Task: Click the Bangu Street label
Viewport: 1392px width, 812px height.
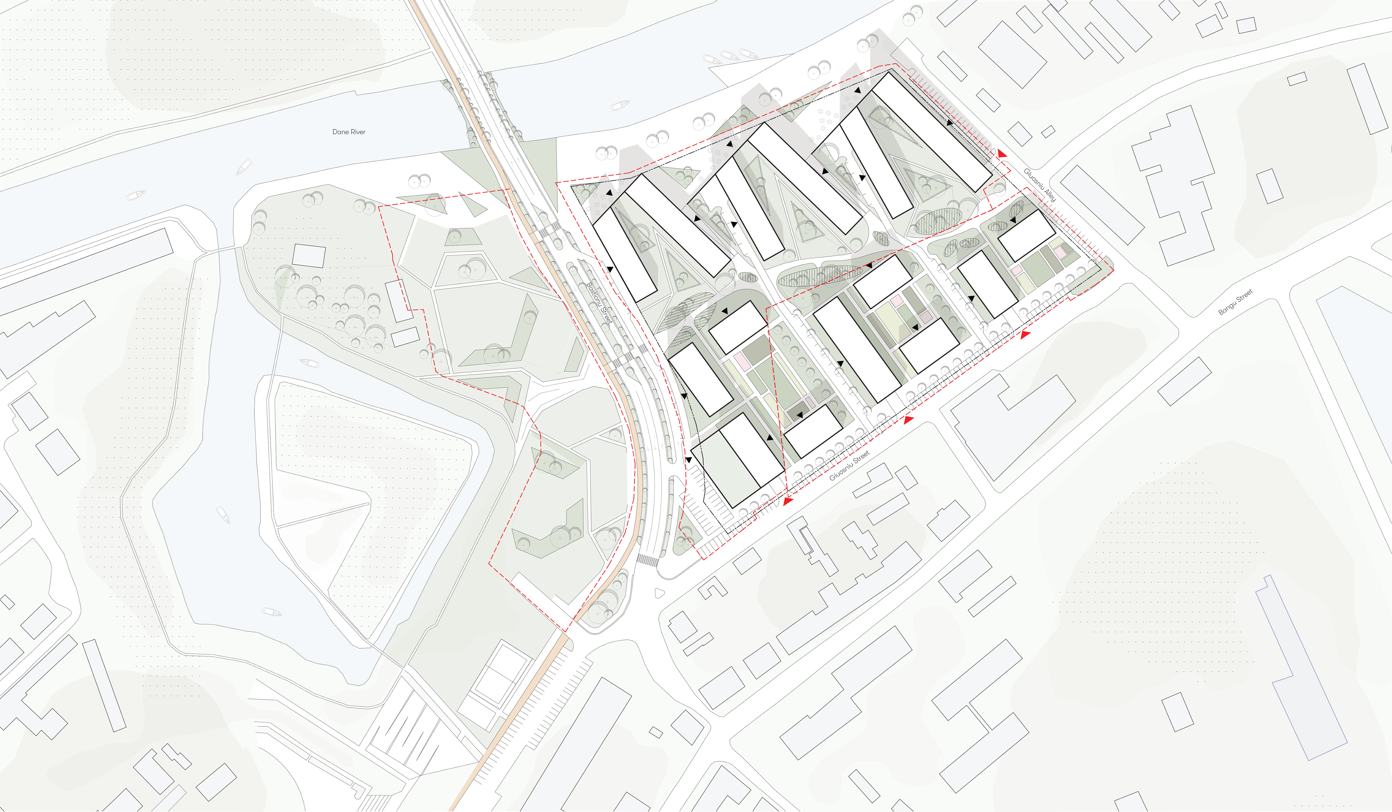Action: [x=1236, y=302]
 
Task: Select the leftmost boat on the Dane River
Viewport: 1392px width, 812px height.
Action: [x=135, y=195]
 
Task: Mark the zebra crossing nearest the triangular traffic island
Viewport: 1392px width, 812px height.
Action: [x=647, y=561]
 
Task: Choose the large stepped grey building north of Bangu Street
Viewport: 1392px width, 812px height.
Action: [x=1174, y=185]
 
